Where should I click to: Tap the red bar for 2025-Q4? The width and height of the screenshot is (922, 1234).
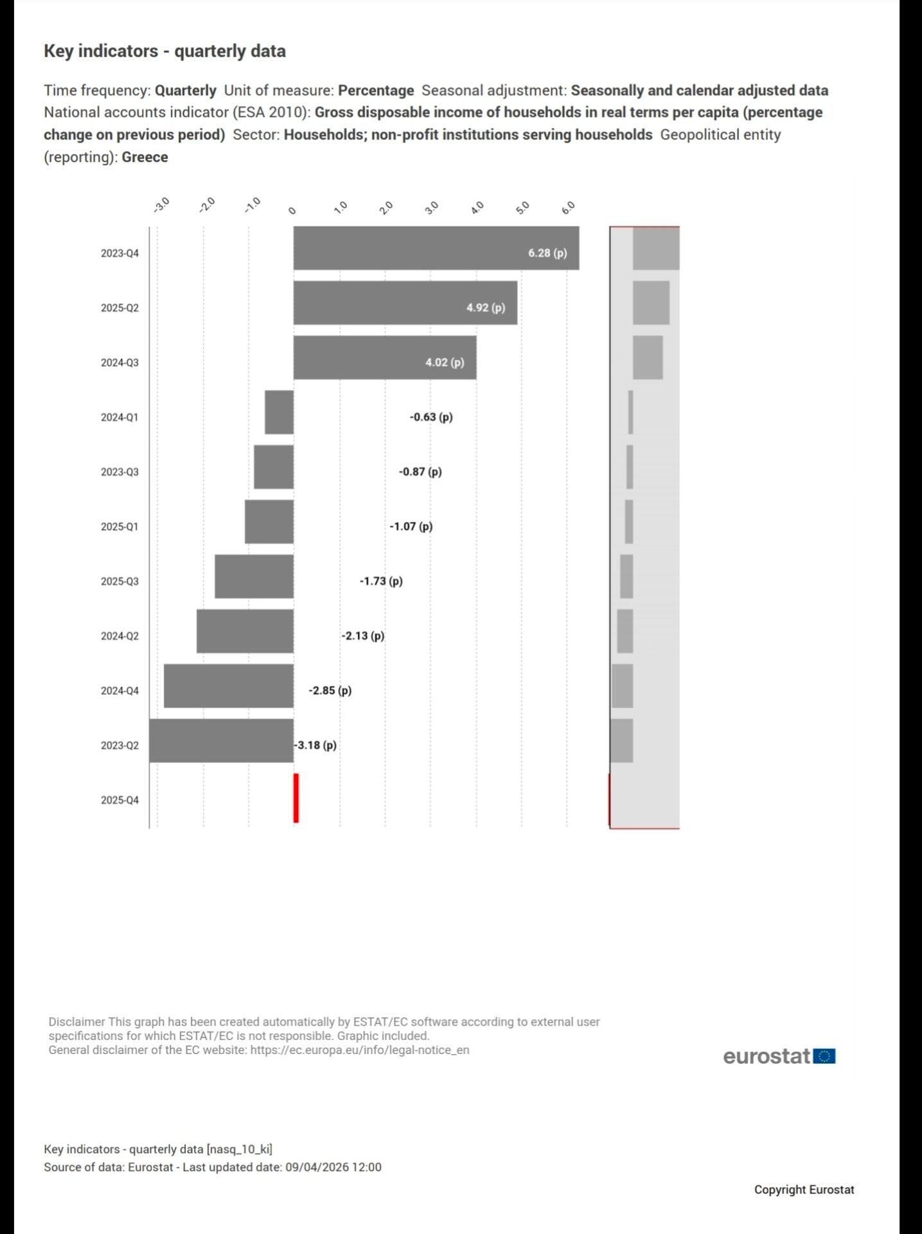[296, 798]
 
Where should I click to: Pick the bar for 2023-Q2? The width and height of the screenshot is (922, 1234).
[221, 740]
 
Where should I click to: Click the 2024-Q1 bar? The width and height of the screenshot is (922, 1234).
[279, 412]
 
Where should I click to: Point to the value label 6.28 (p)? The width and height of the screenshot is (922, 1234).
[547, 253]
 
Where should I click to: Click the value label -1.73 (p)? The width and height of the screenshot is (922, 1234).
[381, 581]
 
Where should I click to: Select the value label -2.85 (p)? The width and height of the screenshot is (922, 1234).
[330, 690]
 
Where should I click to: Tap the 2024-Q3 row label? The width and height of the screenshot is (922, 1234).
[120, 362]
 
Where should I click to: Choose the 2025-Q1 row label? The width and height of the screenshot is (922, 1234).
[120, 526]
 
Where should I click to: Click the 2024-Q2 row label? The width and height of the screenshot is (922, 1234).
[120, 636]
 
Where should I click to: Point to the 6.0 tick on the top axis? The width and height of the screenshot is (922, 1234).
[569, 208]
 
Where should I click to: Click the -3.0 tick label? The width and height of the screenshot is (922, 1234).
[161, 205]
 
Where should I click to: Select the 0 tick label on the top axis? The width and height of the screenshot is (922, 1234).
[292, 210]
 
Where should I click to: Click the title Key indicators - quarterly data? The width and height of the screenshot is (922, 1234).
[164, 51]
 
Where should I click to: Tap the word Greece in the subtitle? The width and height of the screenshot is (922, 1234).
[145, 157]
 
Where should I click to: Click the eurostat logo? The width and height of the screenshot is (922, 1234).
[779, 1056]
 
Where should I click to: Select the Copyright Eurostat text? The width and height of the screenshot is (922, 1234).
[804, 1190]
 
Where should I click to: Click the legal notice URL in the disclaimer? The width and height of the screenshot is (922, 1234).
[360, 1050]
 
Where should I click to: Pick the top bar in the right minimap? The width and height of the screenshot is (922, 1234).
[655, 248]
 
